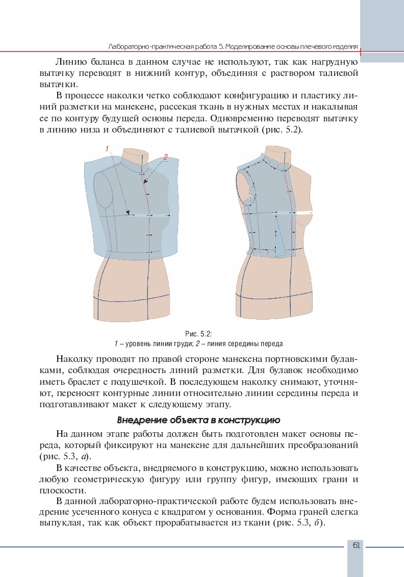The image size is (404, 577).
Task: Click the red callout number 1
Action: [108, 148]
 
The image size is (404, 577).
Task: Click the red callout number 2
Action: [165, 158]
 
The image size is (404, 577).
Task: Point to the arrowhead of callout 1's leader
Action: [129, 214]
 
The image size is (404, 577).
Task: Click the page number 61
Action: [356, 545]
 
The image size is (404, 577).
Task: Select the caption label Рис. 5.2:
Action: [199, 334]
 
